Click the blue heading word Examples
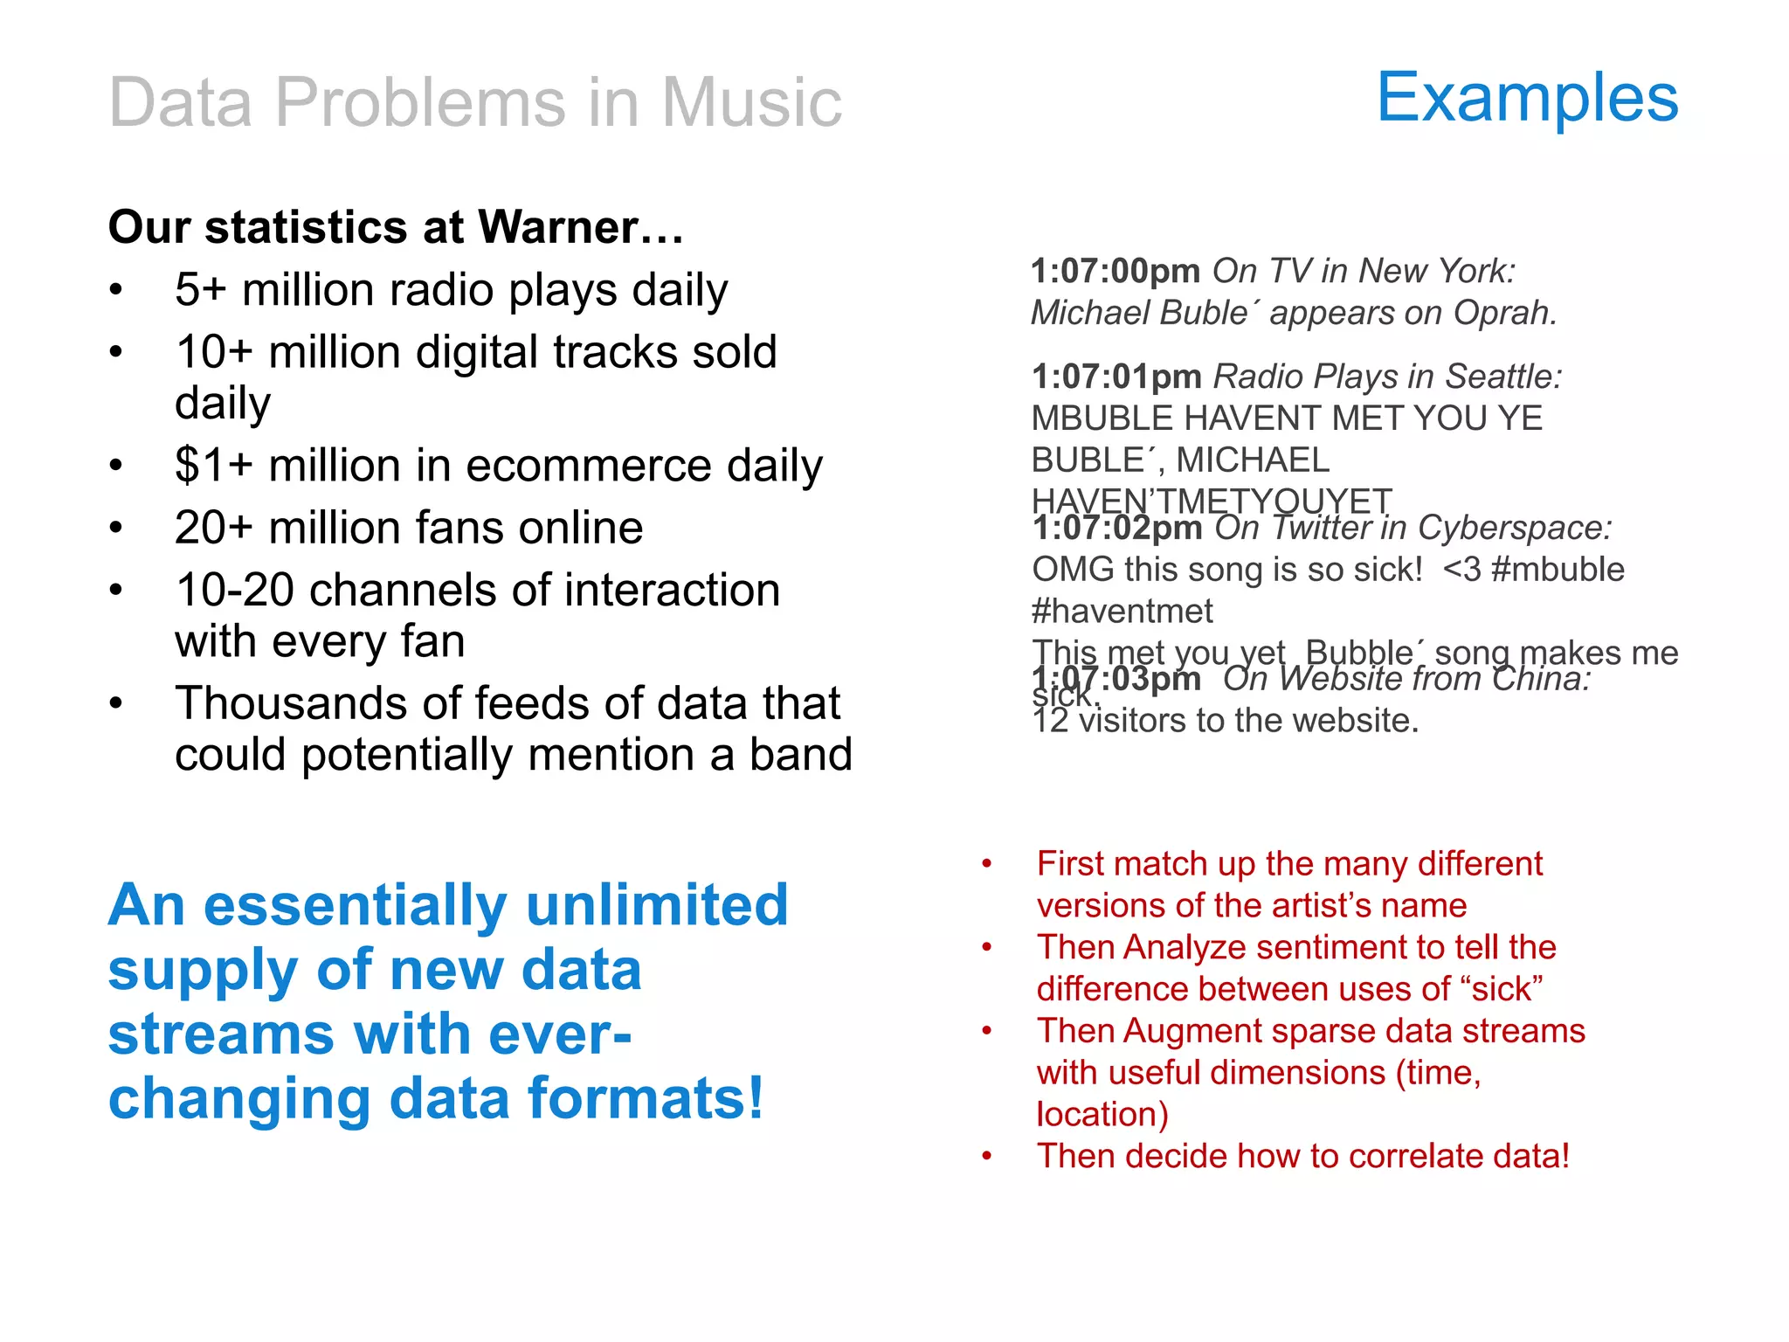(x=1527, y=98)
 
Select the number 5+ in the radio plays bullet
(x=200, y=290)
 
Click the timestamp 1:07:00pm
(x=1116, y=271)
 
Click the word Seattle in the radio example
(x=1502, y=377)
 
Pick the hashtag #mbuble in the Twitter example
(x=1558, y=570)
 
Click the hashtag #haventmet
(x=1122, y=612)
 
